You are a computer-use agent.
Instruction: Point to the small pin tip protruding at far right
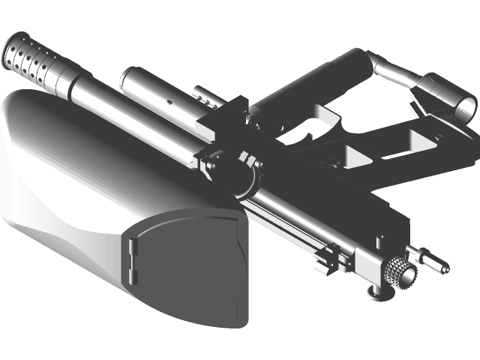point(445,267)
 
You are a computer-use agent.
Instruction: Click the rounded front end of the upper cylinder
point(128,76)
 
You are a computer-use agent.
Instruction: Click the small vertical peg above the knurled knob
point(382,241)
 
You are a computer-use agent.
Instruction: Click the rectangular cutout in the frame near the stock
point(420,139)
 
